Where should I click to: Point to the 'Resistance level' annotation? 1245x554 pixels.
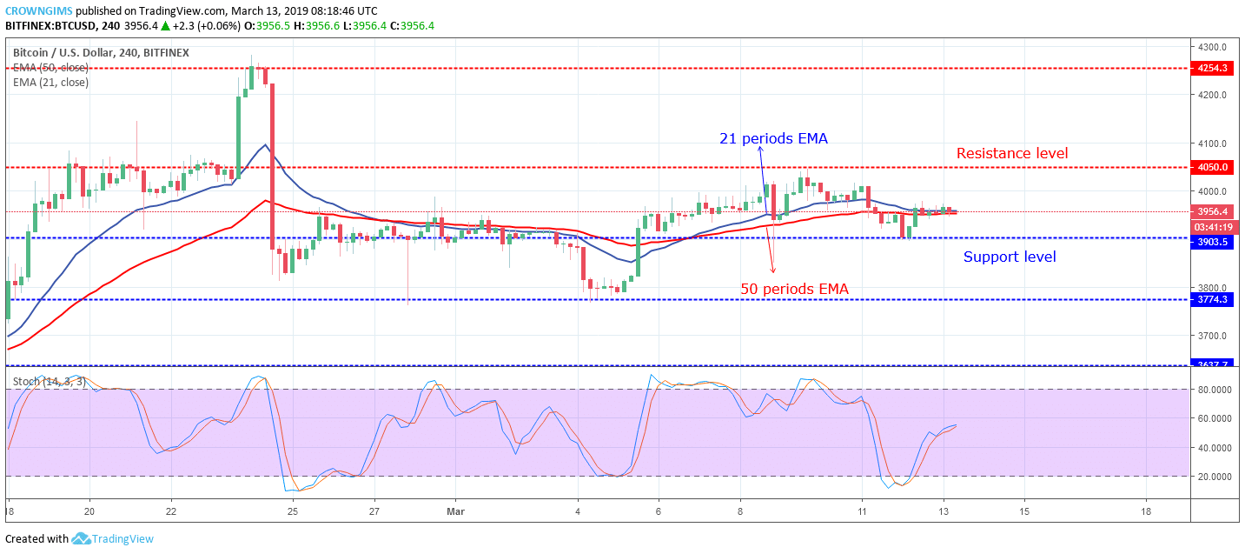pyautogui.click(x=1012, y=154)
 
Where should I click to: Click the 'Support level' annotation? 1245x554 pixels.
pyautogui.click(x=1010, y=257)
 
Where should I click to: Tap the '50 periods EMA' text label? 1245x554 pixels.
pyautogui.click(x=794, y=289)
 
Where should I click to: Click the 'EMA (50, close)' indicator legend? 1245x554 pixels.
pyautogui.click(x=50, y=67)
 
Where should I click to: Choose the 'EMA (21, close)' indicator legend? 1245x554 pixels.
pyautogui.click(x=50, y=83)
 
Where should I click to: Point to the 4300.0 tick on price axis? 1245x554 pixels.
pyautogui.click(x=1213, y=47)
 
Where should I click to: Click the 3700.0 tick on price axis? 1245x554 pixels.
pyautogui.click(x=1213, y=336)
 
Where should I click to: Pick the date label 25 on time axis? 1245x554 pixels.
pyautogui.click(x=293, y=512)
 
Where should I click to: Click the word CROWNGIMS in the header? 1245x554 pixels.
pyautogui.click(x=38, y=10)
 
